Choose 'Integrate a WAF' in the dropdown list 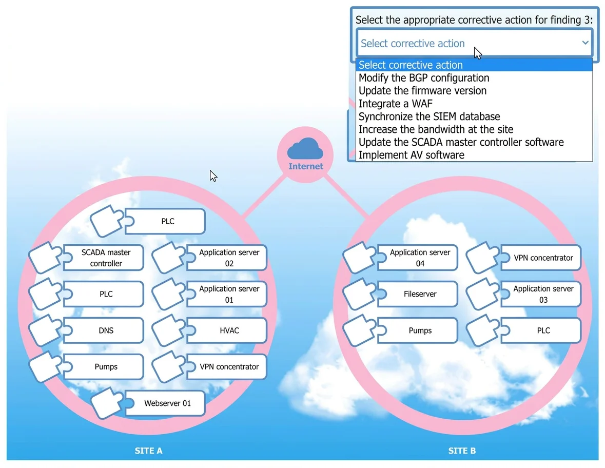396,104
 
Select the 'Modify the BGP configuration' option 424,78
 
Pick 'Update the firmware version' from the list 422,91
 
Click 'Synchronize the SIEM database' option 429,116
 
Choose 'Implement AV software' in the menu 412,155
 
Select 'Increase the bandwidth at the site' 436,129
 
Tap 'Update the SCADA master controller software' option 461,142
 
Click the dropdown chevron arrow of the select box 585,43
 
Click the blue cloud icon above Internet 305,148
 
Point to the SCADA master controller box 104,258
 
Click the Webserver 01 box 165,403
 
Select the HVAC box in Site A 227,330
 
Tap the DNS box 104,330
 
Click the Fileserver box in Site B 418,294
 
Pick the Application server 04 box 418,258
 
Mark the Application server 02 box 227,258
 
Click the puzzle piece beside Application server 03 483,294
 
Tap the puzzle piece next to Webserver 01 108,403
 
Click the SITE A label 148,451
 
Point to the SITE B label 462,451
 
